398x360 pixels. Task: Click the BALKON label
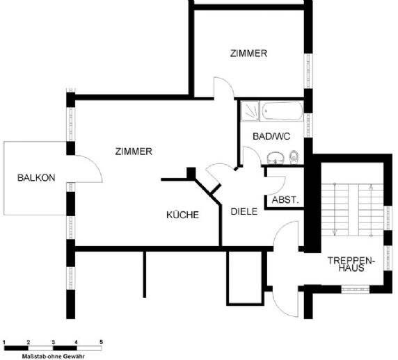tap(36, 177)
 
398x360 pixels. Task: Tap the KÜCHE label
tap(182, 215)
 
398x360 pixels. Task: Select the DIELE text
tap(244, 211)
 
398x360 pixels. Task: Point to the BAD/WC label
tap(271, 136)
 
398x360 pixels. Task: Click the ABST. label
tap(285, 200)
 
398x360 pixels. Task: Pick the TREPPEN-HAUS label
tap(351, 264)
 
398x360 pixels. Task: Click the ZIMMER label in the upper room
tap(248, 54)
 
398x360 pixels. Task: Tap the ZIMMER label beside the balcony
tap(134, 152)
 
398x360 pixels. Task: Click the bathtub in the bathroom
tap(282, 111)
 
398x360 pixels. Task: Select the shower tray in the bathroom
tap(250, 111)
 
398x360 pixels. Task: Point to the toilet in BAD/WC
tap(294, 156)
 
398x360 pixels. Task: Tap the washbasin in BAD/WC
tap(276, 158)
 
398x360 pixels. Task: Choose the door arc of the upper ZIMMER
tap(227, 83)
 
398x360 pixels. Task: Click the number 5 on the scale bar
tap(101, 342)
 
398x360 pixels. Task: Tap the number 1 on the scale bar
tap(4, 342)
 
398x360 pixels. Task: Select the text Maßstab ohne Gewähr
tap(54, 357)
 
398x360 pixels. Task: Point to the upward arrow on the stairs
tap(371, 211)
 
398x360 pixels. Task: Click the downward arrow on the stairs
tap(335, 209)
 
